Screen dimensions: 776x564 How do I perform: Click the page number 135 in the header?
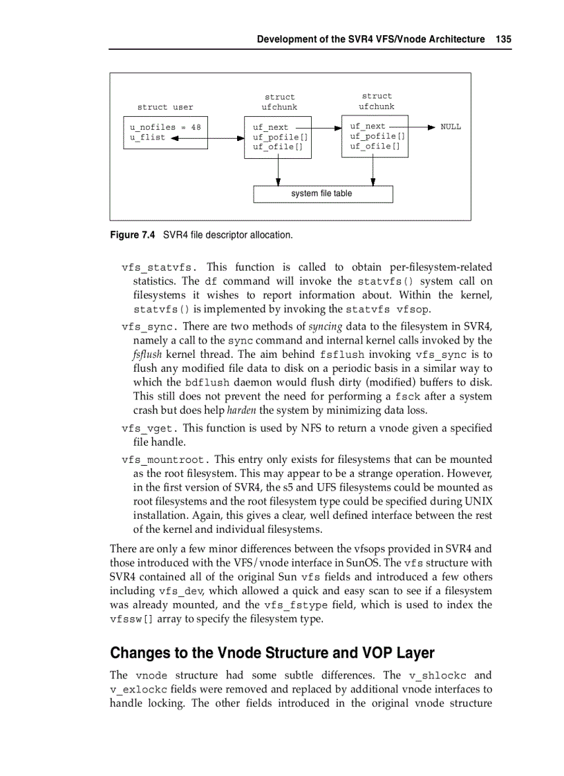click(x=503, y=39)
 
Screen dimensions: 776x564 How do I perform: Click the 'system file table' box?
click(x=323, y=194)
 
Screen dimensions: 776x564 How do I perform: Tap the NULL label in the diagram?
click(x=451, y=126)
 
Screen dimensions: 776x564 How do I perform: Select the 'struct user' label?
click(x=165, y=107)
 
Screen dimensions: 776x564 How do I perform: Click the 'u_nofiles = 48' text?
click(x=165, y=127)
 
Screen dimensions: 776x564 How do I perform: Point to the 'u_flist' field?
click(x=147, y=138)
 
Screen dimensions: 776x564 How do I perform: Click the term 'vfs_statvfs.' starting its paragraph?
click(x=160, y=267)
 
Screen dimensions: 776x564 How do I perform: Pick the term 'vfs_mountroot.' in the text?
click(x=165, y=460)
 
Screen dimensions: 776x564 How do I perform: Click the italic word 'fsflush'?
click(x=147, y=354)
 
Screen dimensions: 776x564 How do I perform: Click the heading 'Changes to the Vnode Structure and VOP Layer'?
click(x=272, y=653)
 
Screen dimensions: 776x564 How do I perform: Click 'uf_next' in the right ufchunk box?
click(x=368, y=126)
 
